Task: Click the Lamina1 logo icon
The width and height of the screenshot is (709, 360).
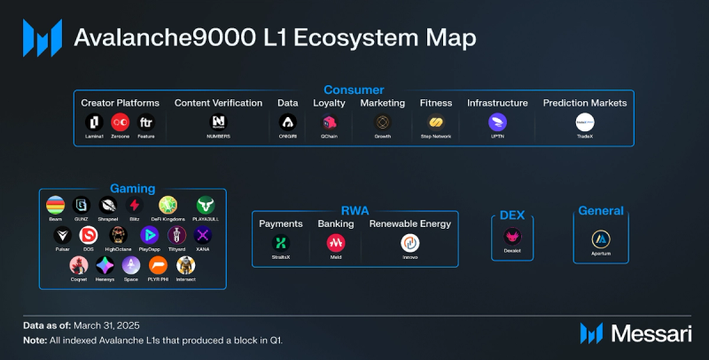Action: (x=95, y=122)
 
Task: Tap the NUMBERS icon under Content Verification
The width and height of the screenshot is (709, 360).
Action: (x=219, y=122)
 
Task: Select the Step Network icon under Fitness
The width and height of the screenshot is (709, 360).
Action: (x=436, y=122)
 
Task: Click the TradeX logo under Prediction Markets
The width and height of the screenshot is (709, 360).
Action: (x=585, y=122)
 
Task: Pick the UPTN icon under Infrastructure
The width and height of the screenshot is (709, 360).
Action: (x=497, y=122)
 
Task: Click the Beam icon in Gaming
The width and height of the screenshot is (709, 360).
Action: (x=55, y=205)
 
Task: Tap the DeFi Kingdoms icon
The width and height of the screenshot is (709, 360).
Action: (x=168, y=205)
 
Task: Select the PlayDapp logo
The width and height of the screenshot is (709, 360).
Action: (x=151, y=235)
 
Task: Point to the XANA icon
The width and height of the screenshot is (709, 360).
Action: (x=204, y=235)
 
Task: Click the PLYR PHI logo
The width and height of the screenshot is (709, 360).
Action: (x=158, y=265)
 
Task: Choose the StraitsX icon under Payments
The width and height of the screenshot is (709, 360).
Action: (x=281, y=242)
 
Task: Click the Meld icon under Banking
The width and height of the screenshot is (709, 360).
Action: (x=336, y=242)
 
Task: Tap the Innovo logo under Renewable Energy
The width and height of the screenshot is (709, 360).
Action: (x=409, y=242)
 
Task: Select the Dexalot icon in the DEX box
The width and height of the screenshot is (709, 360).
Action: (x=513, y=237)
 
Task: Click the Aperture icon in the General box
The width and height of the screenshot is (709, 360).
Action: (x=601, y=238)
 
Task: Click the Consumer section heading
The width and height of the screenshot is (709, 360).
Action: (x=354, y=90)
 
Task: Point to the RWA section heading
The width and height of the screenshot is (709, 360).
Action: (x=355, y=209)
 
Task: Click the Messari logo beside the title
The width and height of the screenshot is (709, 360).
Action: (x=42, y=38)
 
